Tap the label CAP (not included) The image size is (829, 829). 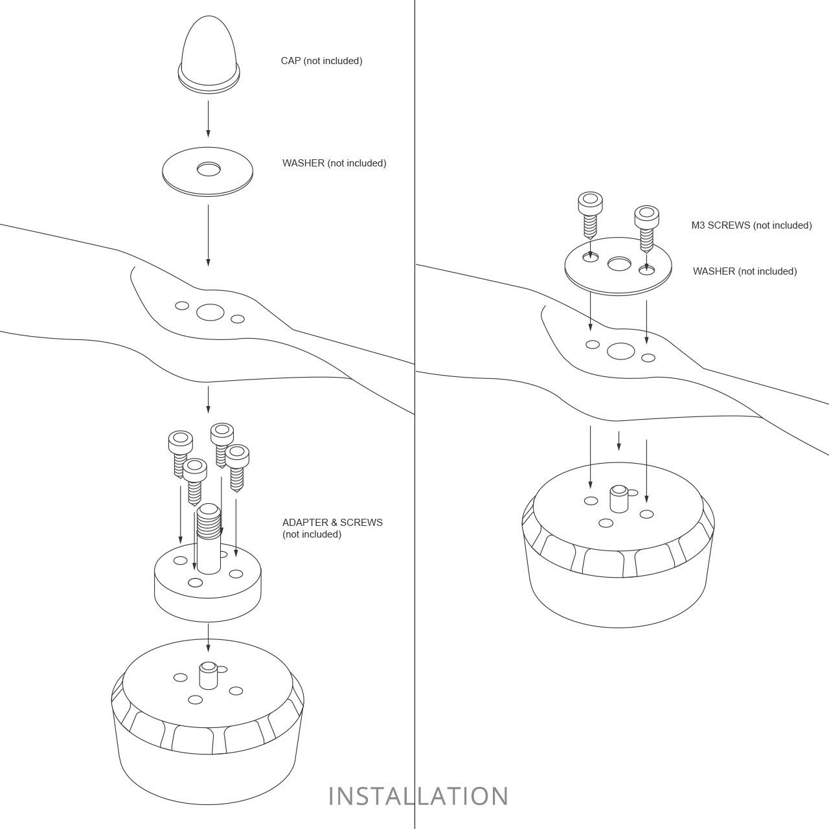(x=321, y=61)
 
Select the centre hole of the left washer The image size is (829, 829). (x=209, y=169)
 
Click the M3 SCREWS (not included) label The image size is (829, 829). (x=751, y=225)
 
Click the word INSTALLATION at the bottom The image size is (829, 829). (x=418, y=797)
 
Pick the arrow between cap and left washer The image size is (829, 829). (x=208, y=119)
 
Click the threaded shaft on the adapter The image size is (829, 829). (x=209, y=539)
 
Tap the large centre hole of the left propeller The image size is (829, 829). (x=210, y=312)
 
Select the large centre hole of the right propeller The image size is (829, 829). (x=621, y=351)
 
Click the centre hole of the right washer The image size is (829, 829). (x=619, y=264)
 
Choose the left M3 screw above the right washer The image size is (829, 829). (x=590, y=215)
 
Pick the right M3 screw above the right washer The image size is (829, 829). (x=646, y=229)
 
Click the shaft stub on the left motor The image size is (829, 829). (x=209, y=676)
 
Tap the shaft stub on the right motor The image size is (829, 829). (x=619, y=499)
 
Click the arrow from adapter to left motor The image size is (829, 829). (x=208, y=637)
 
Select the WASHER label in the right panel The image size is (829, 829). (x=745, y=271)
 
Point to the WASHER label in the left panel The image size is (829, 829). (x=334, y=163)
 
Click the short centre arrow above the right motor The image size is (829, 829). (x=619, y=440)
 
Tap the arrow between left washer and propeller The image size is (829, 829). (x=208, y=235)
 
